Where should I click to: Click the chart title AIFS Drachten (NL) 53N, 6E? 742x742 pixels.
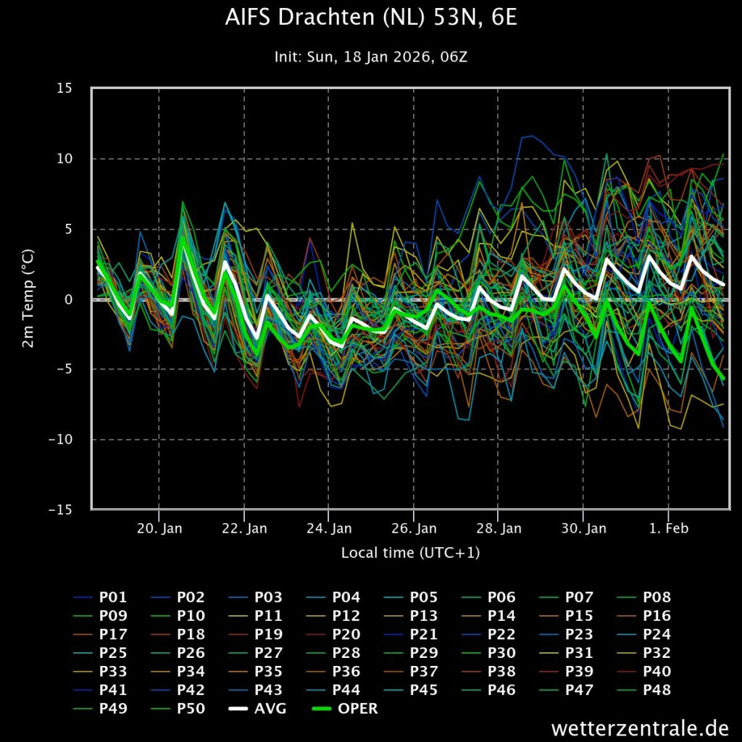[x=371, y=17]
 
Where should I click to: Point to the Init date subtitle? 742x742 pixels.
[x=371, y=57]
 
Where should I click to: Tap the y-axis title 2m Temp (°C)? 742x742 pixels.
[x=28, y=299]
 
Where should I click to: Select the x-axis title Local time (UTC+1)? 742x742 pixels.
[x=410, y=553]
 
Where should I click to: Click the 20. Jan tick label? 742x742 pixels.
[x=159, y=529]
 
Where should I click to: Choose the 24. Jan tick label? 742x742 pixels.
[x=329, y=529]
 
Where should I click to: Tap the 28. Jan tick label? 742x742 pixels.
[x=499, y=529]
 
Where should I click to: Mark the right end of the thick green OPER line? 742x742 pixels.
[x=723, y=378]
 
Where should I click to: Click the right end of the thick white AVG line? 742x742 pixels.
[x=723, y=283]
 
